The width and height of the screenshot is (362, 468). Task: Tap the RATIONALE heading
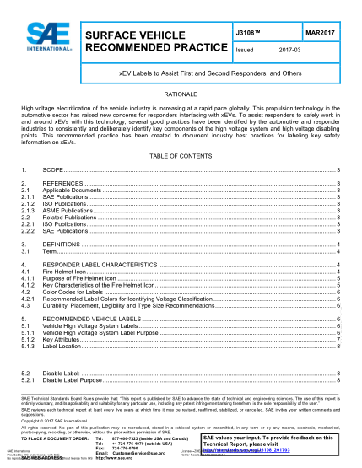(x=181, y=94)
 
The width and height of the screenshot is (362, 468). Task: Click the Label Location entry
(x=62, y=346)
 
